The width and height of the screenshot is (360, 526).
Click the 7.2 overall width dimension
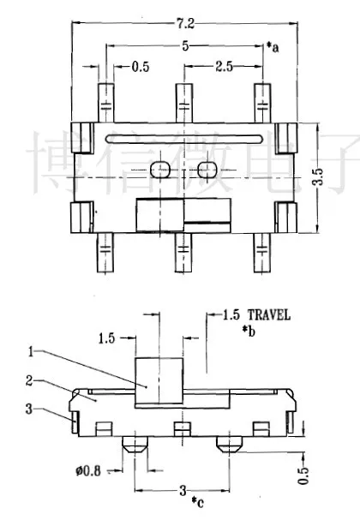pos(185,23)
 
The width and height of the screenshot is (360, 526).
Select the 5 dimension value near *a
pos(185,46)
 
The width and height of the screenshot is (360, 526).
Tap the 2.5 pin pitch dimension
pos(224,67)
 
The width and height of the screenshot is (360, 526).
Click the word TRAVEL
pos(269,315)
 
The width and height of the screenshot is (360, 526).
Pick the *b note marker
pos(249,332)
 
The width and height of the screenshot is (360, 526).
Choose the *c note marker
pos(198,502)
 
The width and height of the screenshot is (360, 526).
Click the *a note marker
pos(273,47)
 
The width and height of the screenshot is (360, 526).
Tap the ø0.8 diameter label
pos(88,471)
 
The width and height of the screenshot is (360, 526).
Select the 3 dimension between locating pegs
pos(183,490)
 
